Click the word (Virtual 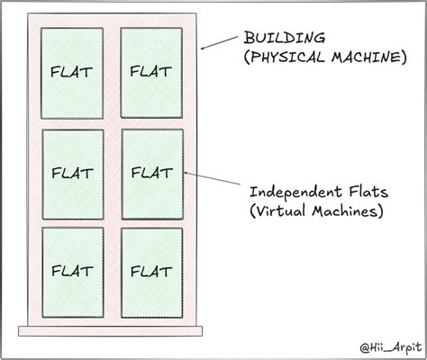tap(284, 213)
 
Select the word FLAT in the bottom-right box tap(151, 270)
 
